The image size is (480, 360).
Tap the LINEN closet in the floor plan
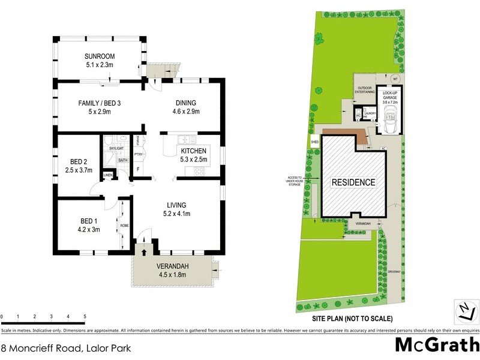pos(108,175)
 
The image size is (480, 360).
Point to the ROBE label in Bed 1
pos(124,226)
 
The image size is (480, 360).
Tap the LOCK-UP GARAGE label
pos(388,97)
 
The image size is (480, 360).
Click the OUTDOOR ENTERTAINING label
pos(364,91)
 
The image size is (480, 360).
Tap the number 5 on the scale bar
pos(85,316)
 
